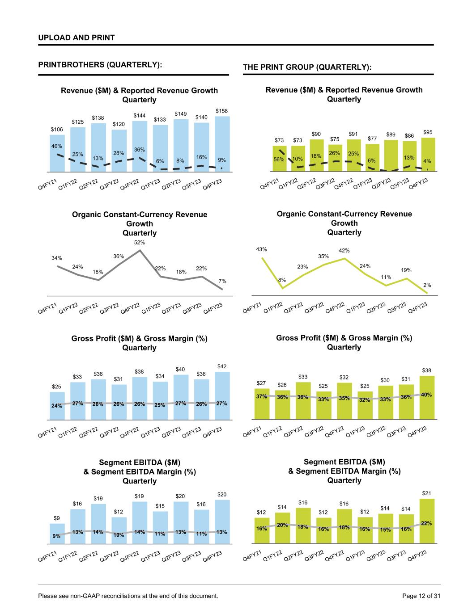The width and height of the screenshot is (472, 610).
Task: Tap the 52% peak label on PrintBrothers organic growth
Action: click(140, 243)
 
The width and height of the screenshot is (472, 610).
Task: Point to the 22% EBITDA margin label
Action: click(426, 523)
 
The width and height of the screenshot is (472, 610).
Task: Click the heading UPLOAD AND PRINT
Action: click(77, 38)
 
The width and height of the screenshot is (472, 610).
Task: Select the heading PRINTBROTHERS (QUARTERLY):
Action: click(100, 65)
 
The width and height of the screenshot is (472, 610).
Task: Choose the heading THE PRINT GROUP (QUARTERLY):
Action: click(307, 67)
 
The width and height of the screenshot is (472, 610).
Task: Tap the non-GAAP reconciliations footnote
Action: click(128, 596)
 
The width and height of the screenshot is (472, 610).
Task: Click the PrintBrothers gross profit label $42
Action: click(222, 366)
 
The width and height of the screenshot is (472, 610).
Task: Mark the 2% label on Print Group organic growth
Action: click(427, 285)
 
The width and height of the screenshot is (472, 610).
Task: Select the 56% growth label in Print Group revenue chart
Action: click(280, 159)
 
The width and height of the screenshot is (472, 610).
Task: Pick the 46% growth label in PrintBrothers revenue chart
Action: click(56, 146)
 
